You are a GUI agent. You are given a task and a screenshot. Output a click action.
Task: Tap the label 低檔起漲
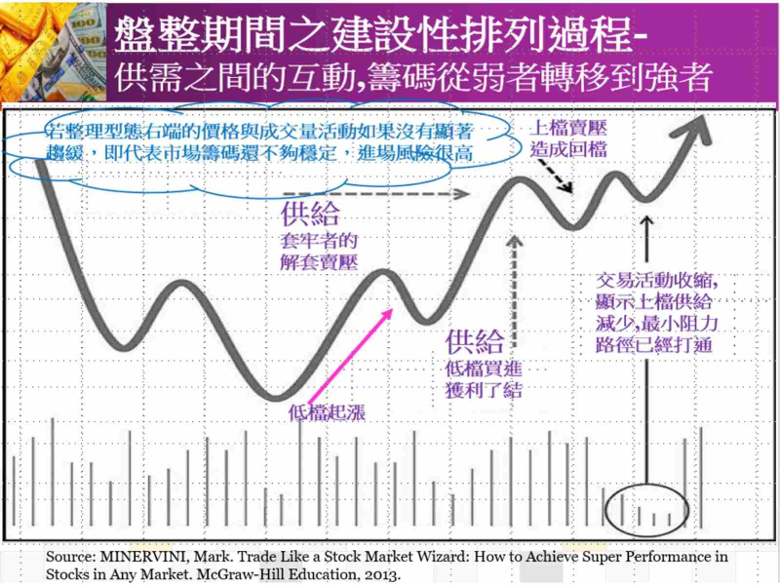click(x=328, y=412)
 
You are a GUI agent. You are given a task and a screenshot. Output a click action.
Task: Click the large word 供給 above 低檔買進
click(x=475, y=341)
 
